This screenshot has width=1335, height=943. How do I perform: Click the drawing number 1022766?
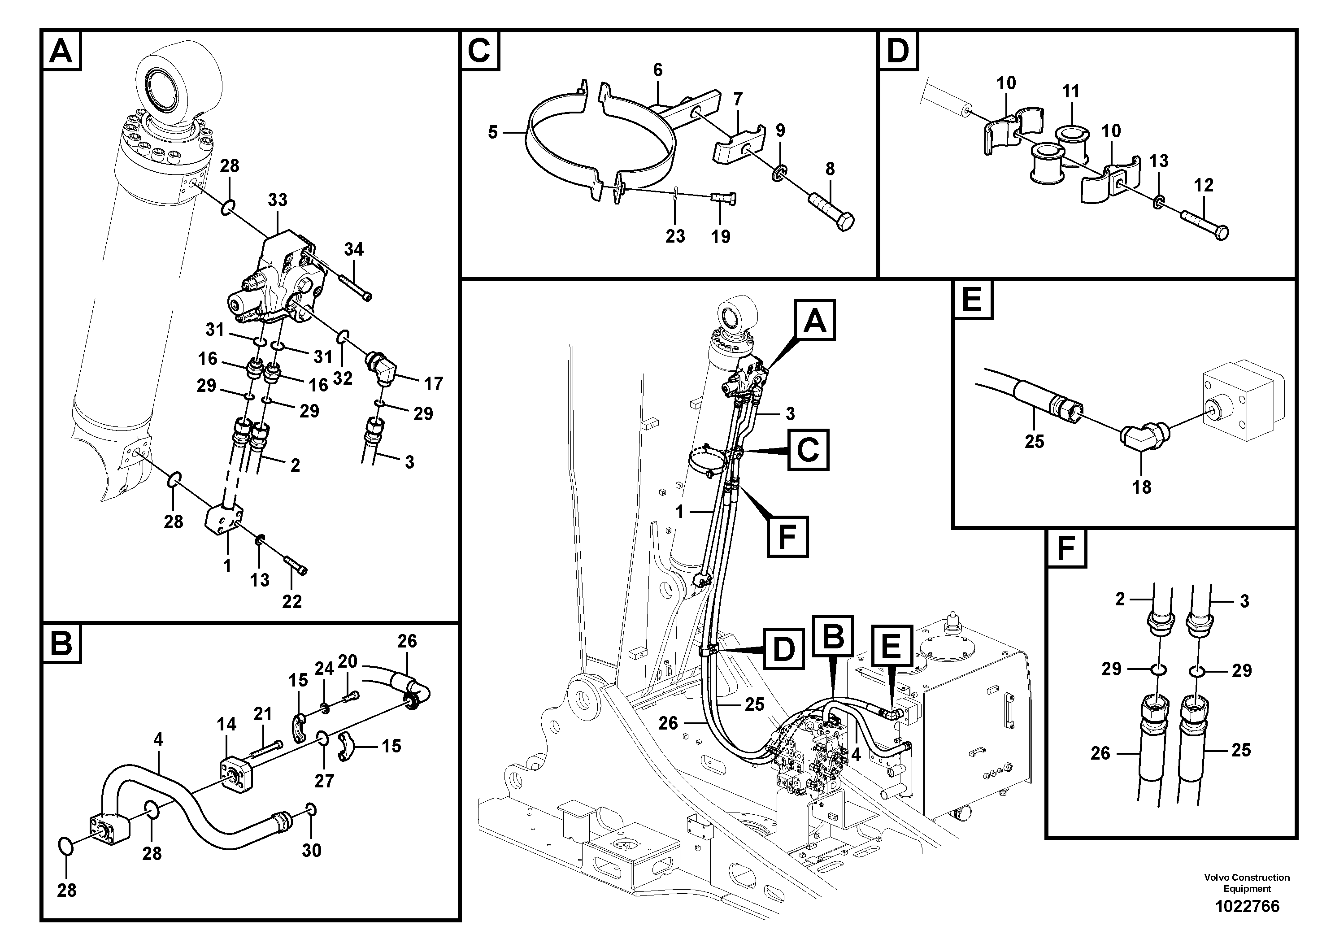click(x=1247, y=906)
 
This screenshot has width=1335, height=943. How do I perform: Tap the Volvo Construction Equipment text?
click(x=1247, y=882)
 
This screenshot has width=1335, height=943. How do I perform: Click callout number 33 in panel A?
click(x=277, y=200)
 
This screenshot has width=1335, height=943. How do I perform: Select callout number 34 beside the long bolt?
click(x=353, y=249)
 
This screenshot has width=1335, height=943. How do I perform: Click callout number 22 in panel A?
click(x=292, y=601)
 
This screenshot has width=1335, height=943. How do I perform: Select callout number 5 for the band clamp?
click(x=492, y=133)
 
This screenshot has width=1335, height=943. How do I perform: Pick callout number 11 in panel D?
click(x=1070, y=91)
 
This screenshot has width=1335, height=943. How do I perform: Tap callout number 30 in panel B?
click(x=312, y=851)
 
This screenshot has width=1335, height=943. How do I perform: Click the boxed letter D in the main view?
click(x=783, y=648)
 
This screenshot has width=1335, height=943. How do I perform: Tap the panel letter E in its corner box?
click(x=972, y=300)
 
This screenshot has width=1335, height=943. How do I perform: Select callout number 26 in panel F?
click(x=1100, y=753)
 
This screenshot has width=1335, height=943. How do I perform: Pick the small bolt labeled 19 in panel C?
click(x=723, y=200)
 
